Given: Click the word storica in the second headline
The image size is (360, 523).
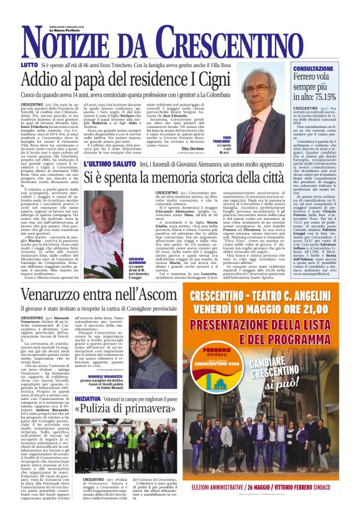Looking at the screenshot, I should point(205,177).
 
